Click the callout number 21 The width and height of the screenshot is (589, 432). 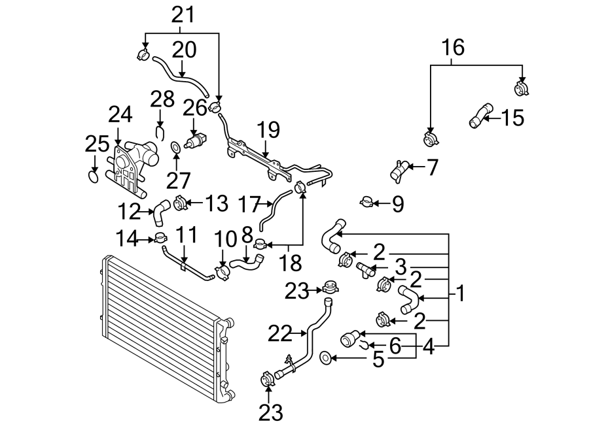pos(183,14)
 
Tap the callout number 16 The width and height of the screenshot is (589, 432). pos(454,48)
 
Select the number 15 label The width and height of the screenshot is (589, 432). pos(513,118)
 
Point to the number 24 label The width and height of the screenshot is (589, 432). pos(120,116)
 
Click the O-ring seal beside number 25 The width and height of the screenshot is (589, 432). pos(95,176)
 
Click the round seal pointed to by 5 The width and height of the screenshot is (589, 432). pos(325,357)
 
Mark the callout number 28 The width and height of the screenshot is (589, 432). pos(162,99)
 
